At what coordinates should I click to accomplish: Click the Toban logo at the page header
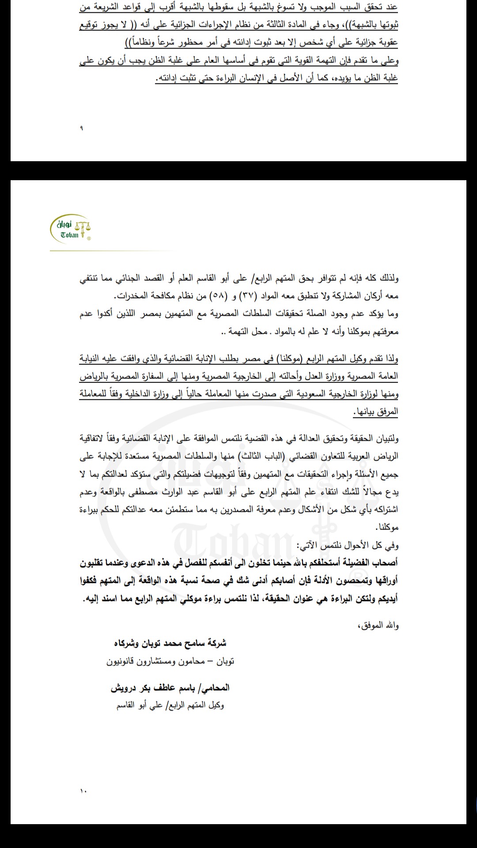coord(71,228)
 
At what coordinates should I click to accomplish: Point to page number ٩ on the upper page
coord(81,129)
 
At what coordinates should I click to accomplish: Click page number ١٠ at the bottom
coord(83,790)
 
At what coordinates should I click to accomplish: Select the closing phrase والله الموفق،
coord(380,625)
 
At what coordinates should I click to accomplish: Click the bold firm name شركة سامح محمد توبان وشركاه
coord(170,643)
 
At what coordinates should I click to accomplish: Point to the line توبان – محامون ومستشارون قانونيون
coord(170,661)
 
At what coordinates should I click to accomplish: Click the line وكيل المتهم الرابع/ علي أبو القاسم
coord(170,705)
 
